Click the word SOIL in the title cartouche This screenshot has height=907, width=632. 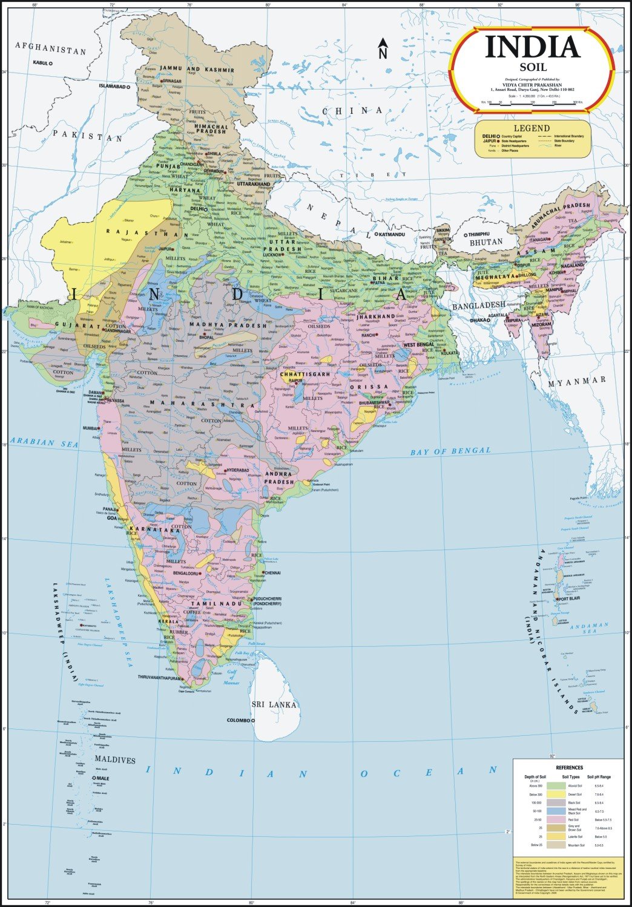(532, 68)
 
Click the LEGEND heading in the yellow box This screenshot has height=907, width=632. (532, 128)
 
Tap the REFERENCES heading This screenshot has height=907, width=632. (569, 767)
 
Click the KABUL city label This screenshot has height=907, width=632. (40, 62)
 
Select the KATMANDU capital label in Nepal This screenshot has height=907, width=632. (392, 234)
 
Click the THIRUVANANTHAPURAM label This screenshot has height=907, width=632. (159, 678)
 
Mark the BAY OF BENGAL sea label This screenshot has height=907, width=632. (450, 451)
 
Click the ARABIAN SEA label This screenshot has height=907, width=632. (44, 443)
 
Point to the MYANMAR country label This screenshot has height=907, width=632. (576, 381)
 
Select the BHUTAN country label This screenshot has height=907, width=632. (486, 242)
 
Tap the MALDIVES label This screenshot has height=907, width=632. (114, 760)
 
